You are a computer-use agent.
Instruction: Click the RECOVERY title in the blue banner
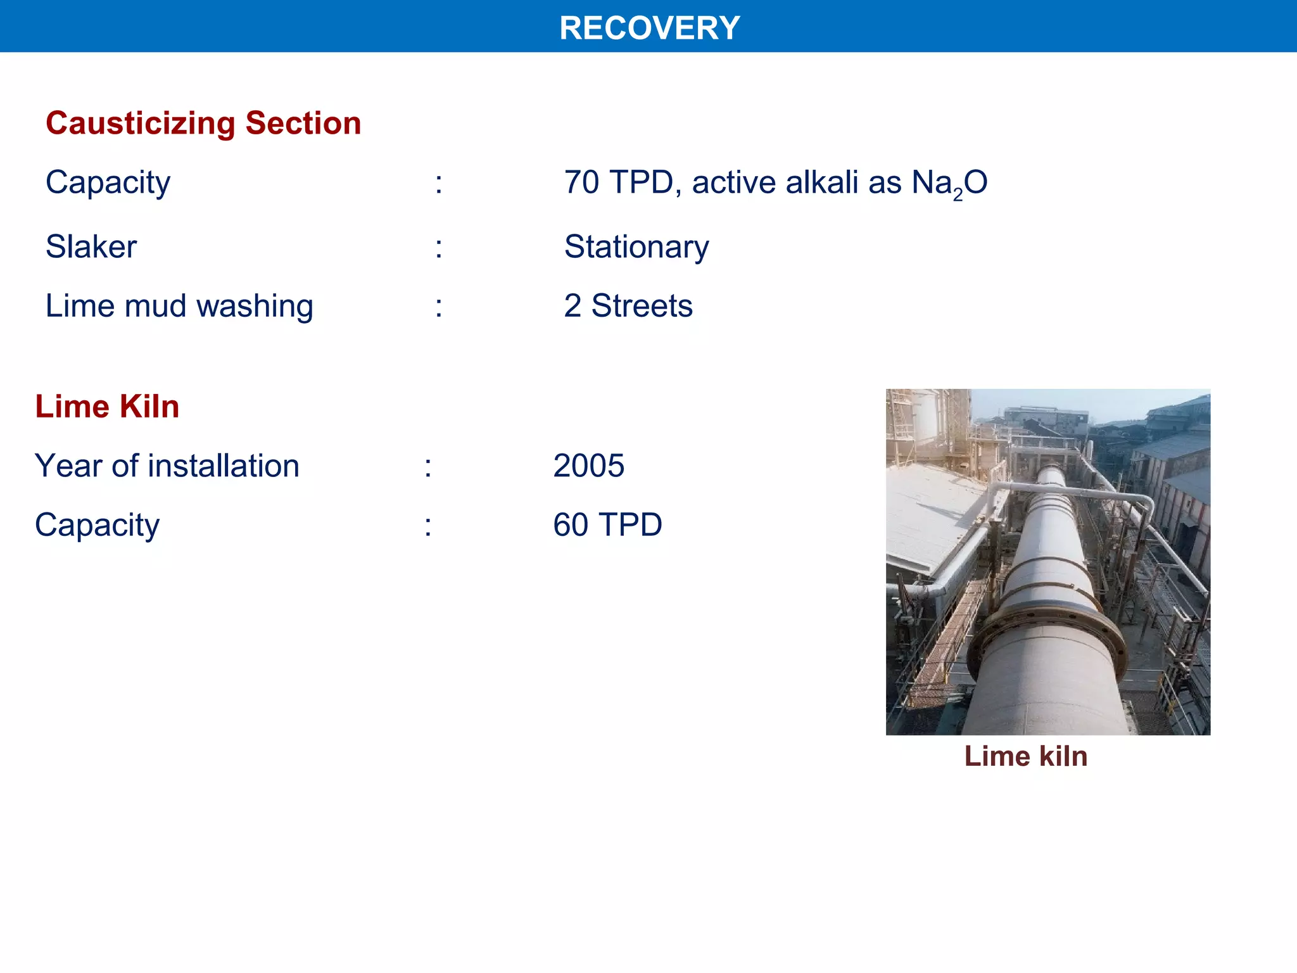point(649,28)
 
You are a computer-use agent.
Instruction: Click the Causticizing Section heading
point(203,123)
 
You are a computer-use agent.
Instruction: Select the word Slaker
point(91,246)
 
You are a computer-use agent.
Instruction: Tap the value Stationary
point(636,246)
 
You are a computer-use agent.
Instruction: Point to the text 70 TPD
point(618,182)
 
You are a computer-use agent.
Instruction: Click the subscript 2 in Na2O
point(958,194)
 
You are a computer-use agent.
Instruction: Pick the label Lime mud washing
point(179,306)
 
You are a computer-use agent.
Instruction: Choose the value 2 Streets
point(628,306)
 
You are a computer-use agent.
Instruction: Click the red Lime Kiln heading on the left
point(107,407)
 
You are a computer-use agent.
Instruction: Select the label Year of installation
point(167,466)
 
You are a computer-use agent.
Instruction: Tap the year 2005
point(588,466)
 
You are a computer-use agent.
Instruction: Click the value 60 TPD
point(607,525)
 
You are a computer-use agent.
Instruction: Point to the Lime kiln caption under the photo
point(1025,756)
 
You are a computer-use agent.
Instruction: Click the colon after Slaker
point(438,247)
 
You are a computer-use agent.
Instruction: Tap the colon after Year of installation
point(428,467)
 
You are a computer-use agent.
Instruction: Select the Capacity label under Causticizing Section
point(108,182)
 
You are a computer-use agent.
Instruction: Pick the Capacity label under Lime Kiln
point(97,525)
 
